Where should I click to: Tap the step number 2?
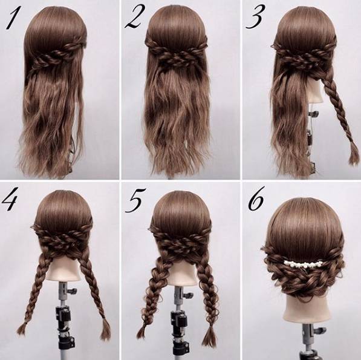point(135,18)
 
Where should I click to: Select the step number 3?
point(255,18)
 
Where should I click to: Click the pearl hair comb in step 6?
point(302,263)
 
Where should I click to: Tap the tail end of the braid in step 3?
point(354,159)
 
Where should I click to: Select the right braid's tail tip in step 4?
point(105,331)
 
